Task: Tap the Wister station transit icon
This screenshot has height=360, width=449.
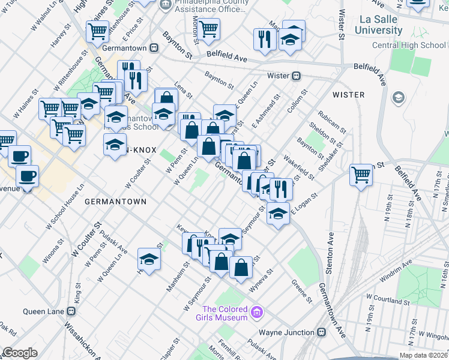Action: coord(296,76)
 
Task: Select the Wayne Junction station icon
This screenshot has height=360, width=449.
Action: coord(322,332)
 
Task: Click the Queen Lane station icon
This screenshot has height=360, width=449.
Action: coord(71,311)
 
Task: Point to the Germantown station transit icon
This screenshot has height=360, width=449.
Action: coord(154,48)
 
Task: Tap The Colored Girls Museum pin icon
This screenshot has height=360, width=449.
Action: coord(257,312)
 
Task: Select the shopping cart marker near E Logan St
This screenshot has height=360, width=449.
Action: coord(361,175)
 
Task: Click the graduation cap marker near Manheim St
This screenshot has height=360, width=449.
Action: coord(149,259)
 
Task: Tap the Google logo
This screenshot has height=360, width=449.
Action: coord(20,353)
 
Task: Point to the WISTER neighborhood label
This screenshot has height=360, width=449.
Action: coord(349,95)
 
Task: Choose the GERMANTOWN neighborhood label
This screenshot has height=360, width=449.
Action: coord(115,202)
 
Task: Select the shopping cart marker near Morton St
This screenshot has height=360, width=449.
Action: coord(208,28)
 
